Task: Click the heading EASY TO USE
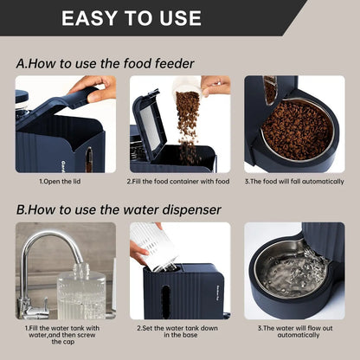coord(132,17)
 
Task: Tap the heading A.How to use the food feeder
coord(105,63)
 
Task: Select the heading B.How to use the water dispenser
coord(119,209)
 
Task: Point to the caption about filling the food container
coord(179,182)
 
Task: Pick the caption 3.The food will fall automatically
coord(293,182)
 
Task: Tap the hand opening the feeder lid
coord(94,85)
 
